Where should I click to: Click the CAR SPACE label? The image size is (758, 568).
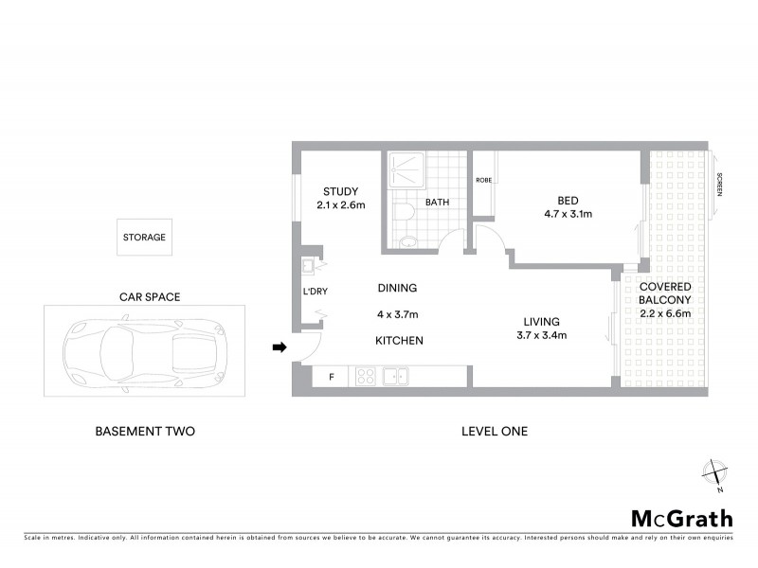(x=149, y=296)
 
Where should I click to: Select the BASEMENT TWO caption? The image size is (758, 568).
(x=145, y=432)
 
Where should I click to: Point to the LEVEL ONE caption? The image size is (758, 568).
(x=494, y=432)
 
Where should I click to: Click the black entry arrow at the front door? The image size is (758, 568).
(x=280, y=348)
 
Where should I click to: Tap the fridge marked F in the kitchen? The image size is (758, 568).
(x=332, y=377)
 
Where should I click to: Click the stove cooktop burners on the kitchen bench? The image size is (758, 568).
(x=366, y=377)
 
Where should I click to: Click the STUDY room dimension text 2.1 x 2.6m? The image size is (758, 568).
(x=340, y=205)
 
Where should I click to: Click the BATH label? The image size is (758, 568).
(x=437, y=202)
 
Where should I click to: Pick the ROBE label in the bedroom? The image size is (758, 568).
(x=483, y=180)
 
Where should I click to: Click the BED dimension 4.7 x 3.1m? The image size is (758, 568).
(x=568, y=214)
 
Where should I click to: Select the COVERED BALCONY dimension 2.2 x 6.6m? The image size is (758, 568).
(x=664, y=313)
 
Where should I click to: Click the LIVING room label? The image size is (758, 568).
(x=540, y=322)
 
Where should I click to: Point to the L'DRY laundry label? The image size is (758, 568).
(x=316, y=292)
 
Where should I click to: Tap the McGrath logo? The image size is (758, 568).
(x=682, y=518)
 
